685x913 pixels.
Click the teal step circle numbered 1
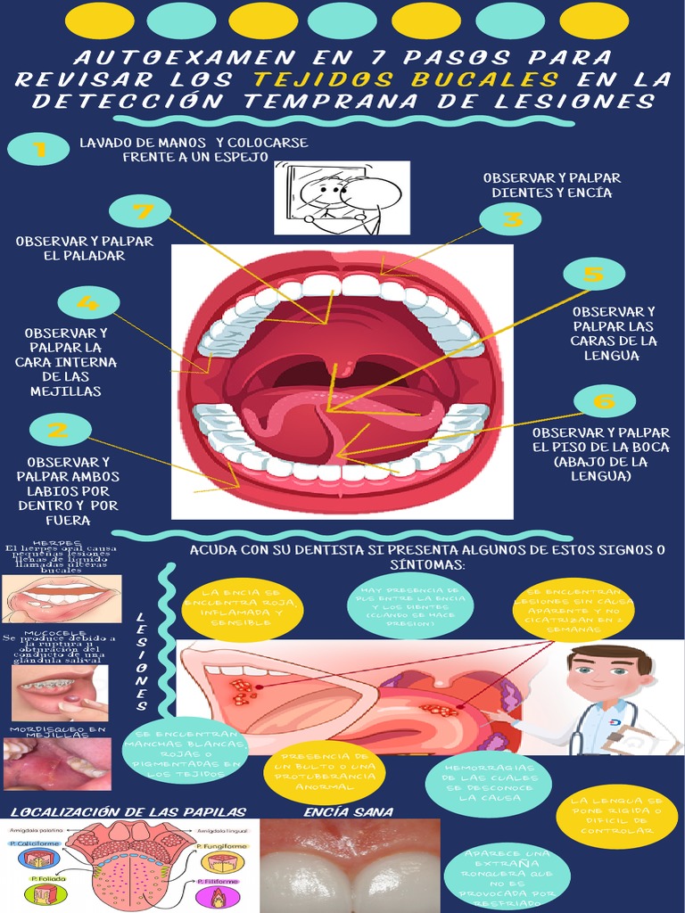tap(37, 148)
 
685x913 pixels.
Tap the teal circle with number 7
tap(139, 211)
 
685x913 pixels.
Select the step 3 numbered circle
tap(509, 218)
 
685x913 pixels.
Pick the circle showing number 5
tap(593, 274)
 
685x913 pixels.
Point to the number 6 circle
tap(604, 400)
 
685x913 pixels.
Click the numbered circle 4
tap(88, 302)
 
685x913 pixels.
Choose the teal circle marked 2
tap(60, 431)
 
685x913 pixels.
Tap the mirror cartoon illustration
tap(342, 197)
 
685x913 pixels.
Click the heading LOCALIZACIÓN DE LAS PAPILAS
tap(128, 811)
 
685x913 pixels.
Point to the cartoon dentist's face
tap(606, 673)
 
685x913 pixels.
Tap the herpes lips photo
tap(62, 597)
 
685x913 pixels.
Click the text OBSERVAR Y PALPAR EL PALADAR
tap(85, 248)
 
